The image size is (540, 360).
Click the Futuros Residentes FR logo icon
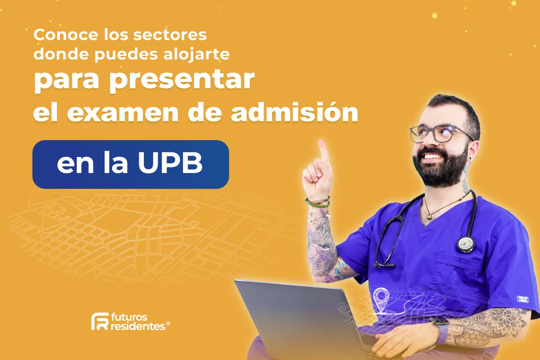pos(100,321)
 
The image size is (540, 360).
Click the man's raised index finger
pos(323,150)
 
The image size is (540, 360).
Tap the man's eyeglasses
pos(439,133)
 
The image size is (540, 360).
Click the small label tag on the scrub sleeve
pos(523,299)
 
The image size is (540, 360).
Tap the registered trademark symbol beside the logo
pos(168,324)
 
